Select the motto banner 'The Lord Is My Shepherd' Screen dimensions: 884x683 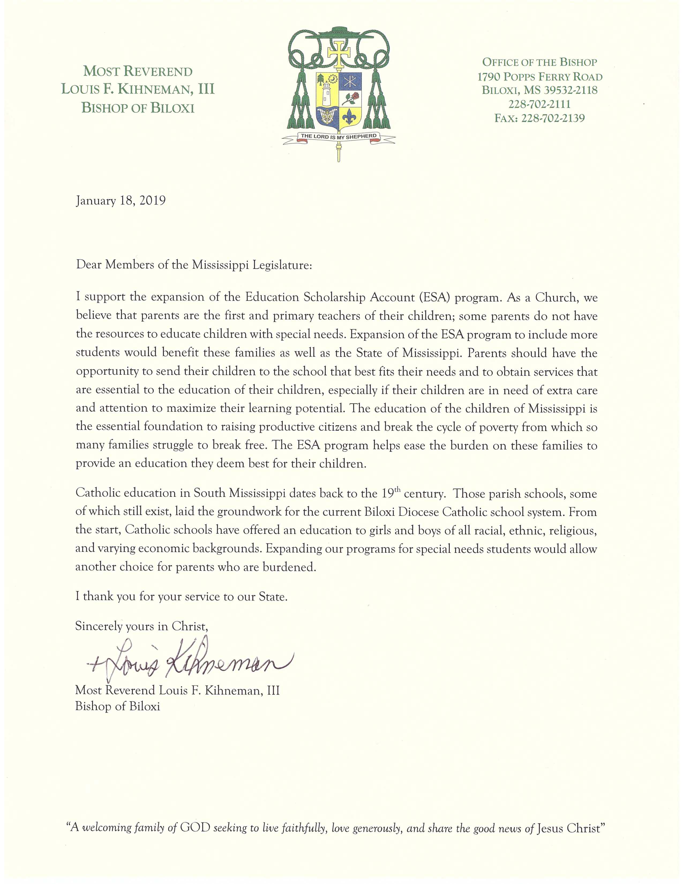339,136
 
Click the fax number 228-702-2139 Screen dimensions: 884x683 539,118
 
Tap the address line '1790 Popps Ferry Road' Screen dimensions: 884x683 539,77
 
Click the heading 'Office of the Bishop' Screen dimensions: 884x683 539,62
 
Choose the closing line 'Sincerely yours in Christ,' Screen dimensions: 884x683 142,626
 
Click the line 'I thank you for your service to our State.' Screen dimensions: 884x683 181,597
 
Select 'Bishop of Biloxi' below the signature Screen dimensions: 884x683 117,706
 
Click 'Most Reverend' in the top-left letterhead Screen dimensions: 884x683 138,72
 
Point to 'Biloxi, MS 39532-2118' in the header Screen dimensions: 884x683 539,90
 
